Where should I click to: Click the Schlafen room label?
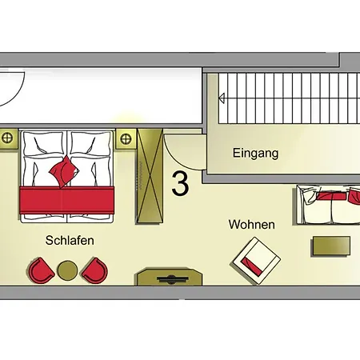coord(70,240)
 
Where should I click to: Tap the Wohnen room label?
coord(252,225)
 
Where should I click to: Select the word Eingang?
coord(255,154)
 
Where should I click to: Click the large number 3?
coord(180,183)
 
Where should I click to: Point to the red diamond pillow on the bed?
coord(64,172)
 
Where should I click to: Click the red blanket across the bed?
coord(67,200)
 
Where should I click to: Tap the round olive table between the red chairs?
coord(67,270)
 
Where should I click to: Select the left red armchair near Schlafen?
coord(40,270)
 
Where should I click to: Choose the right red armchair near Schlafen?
coord(95,270)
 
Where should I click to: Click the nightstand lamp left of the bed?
coord(7,138)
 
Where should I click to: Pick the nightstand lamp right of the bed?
coord(126,139)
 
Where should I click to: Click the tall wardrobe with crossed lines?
coord(150,176)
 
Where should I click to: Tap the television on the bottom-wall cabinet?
coord(173,279)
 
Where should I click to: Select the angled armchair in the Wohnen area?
coord(257,261)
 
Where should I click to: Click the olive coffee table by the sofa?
coord(331,246)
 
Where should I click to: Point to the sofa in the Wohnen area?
coord(328,205)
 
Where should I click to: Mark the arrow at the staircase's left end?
coord(222,98)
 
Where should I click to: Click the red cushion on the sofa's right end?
coord(354,196)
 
